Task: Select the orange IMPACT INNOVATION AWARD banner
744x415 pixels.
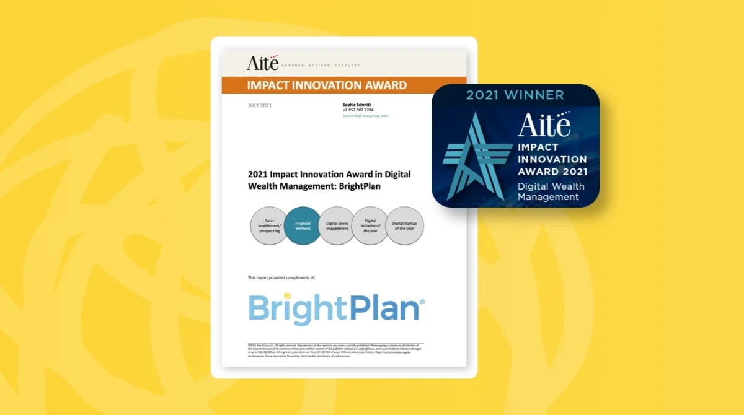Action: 327,85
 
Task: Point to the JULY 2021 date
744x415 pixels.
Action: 259,105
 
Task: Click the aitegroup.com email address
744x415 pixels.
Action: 366,116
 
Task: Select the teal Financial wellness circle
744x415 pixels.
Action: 303,225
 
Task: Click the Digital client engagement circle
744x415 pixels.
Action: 337,225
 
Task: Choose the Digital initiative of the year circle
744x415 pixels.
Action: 370,225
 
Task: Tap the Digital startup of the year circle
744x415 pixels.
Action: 404,225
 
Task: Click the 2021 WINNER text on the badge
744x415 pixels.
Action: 515,95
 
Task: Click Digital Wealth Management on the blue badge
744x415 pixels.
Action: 551,191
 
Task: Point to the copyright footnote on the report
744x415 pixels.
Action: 335,351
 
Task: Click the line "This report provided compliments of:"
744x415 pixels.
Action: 281,277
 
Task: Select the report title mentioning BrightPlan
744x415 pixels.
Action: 329,180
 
